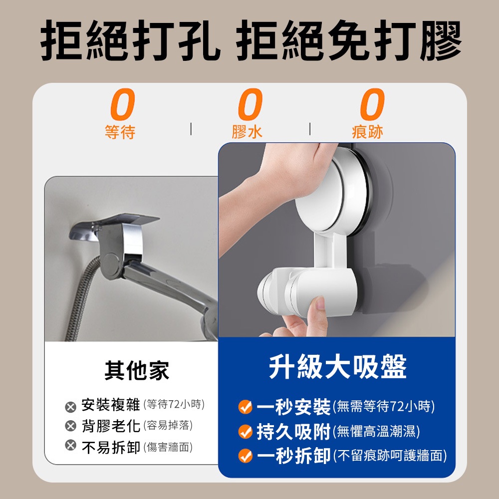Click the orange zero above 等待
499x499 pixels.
123,104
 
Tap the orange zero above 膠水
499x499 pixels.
250,104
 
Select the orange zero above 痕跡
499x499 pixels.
372,104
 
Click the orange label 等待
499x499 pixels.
120,132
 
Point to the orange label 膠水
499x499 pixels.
248,132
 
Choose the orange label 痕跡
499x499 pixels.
368,132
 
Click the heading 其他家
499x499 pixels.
137,370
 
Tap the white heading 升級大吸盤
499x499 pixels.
338,367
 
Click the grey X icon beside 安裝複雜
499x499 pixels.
71,407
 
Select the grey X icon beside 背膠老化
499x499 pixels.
71,426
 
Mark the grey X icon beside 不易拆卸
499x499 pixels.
71,445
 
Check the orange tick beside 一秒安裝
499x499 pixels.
246,407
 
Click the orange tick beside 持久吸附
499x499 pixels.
246,432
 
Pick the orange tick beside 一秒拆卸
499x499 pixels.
246,456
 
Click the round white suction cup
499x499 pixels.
332,191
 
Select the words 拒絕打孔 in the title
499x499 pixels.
130,40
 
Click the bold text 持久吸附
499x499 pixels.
293,432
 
